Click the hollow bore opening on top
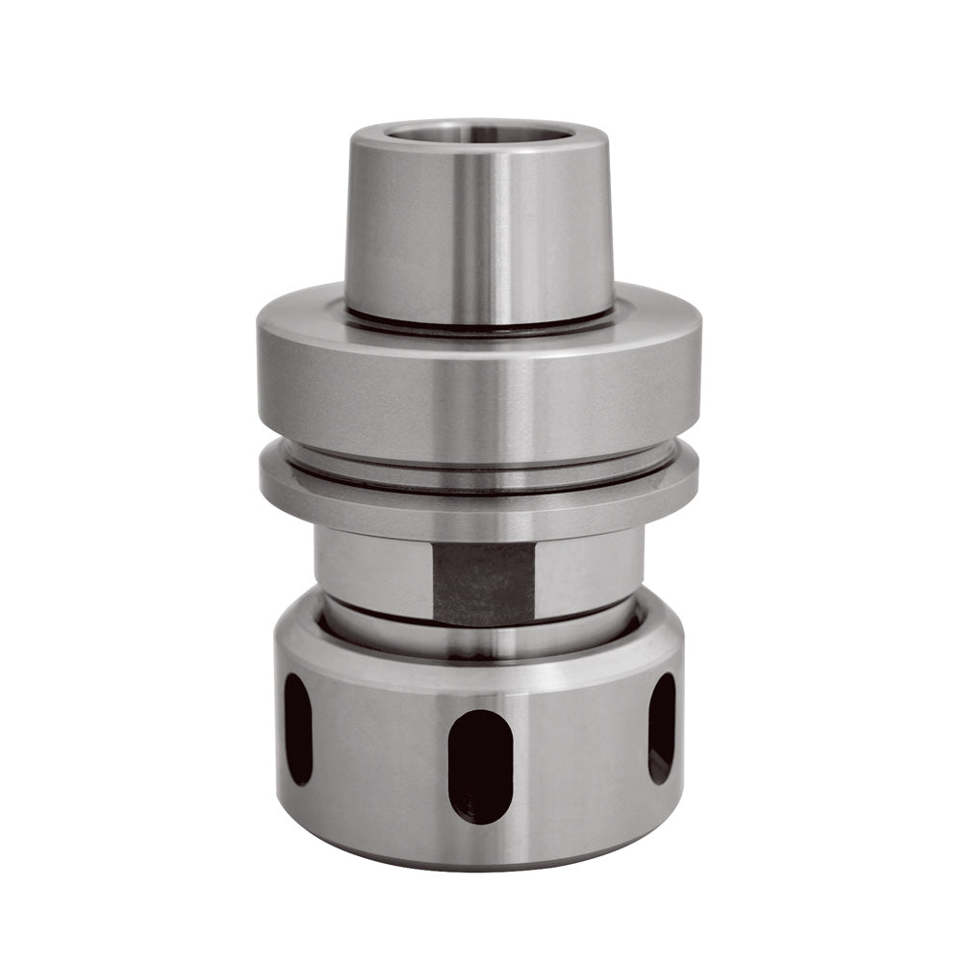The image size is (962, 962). [x=478, y=134]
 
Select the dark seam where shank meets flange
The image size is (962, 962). [x=478, y=326]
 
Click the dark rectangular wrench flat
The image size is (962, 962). [x=483, y=583]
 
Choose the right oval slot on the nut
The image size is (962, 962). [x=662, y=726]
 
